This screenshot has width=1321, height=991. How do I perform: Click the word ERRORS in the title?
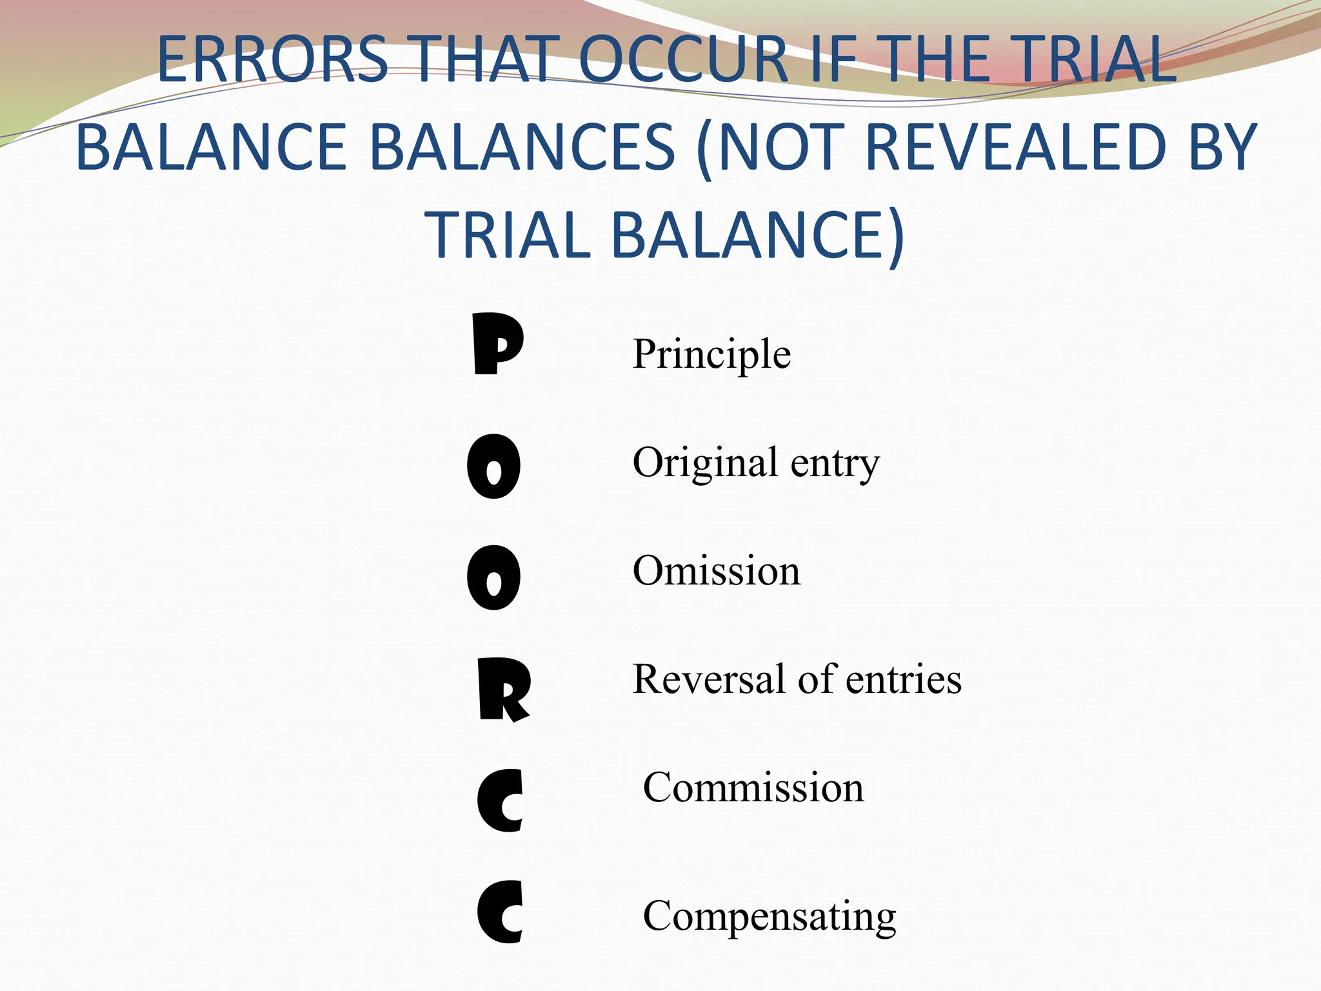pos(272,60)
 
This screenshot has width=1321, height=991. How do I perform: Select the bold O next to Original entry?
pos(493,466)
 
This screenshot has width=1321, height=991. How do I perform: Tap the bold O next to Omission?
pos(493,577)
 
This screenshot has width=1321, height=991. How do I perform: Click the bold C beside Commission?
pos(501,800)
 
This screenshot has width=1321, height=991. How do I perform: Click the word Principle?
pos(711,355)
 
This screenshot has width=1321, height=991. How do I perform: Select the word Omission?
pos(716,571)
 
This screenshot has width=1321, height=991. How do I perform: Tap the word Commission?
pos(753,788)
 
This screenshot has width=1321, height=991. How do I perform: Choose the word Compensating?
pos(770,916)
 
